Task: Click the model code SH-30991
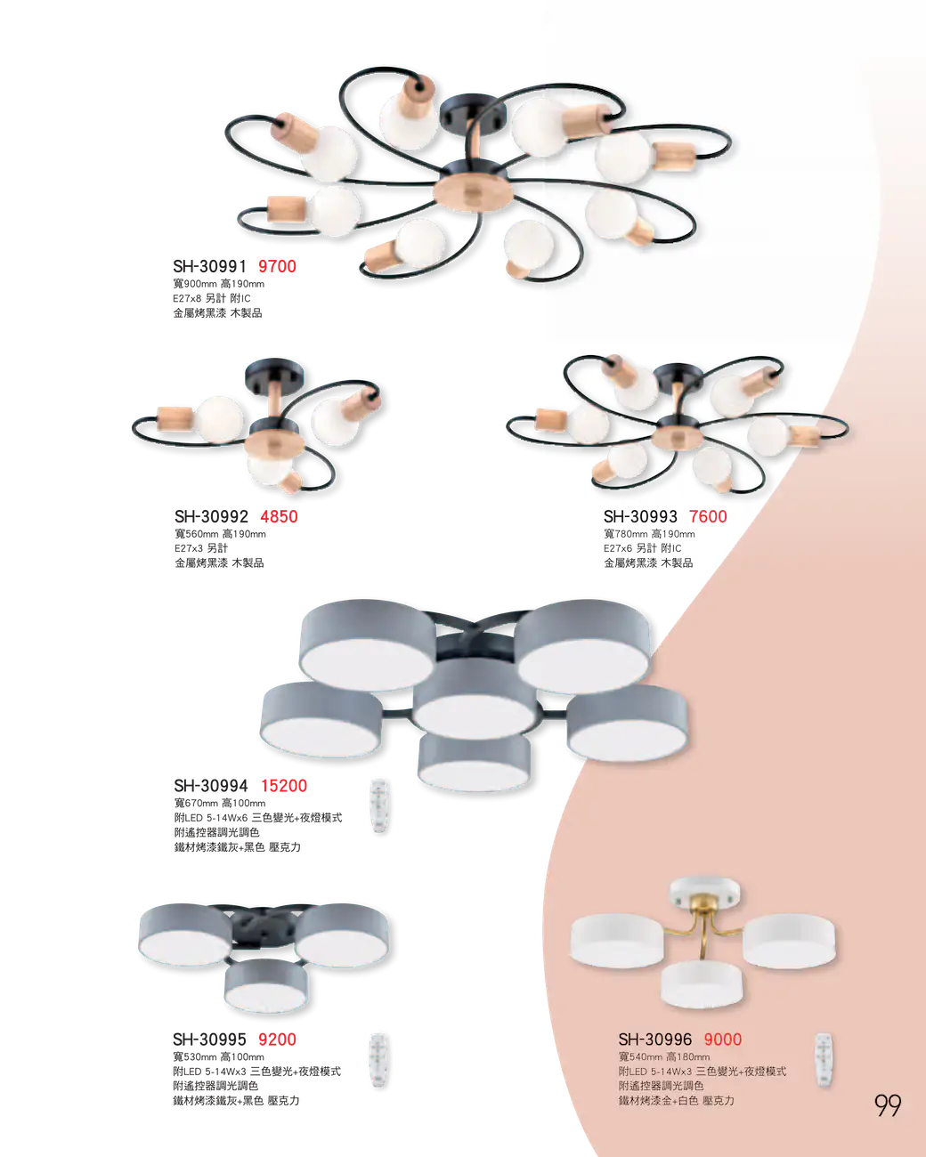click(209, 266)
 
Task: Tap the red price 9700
click(277, 266)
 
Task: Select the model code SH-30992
click(211, 517)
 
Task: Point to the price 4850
click(279, 517)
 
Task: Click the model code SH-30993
click(640, 517)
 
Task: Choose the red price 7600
click(708, 517)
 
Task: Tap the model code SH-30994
click(211, 786)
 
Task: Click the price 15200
click(284, 786)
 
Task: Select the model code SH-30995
click(209, 1040)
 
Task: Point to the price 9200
click(277, 1040)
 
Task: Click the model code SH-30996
click(655, 1040)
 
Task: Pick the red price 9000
click(723, 1040)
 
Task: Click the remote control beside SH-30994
click(379, 806)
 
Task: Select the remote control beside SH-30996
click(824, 1061)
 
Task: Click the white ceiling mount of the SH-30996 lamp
click(704, 893)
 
